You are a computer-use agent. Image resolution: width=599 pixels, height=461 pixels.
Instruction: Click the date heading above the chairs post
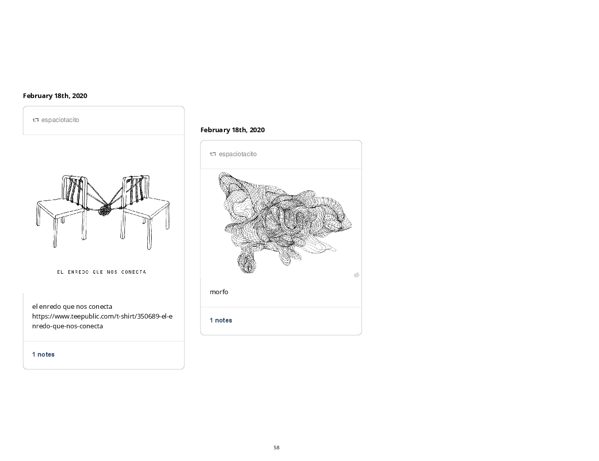pyautogui.click(x=55, y=96)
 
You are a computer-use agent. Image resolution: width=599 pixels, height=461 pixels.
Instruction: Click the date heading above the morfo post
pyautogui.click(x=232, y=130)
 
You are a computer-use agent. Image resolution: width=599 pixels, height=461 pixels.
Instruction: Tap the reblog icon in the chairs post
pyautogui.click(x=36, y=120)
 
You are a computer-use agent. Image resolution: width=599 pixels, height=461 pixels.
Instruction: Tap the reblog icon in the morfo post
pyautogui.click(x=213, y=154)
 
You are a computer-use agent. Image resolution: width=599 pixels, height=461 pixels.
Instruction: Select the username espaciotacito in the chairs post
pyautogui.click(x=60, y=120)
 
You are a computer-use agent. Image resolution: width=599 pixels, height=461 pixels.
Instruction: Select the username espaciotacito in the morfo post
pyautogui.click(x=238, y=154)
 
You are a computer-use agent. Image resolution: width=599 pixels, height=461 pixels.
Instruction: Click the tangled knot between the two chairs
pyautogui.click(x=105, y=211)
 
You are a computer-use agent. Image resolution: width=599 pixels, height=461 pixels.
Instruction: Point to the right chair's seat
pyautogui.click(x=146, y=208)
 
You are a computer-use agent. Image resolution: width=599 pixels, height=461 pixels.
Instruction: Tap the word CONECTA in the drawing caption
pyautogui.click(x=134, y=272)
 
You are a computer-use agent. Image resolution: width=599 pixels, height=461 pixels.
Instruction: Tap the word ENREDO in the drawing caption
pyautogui.click(x=78, y=272)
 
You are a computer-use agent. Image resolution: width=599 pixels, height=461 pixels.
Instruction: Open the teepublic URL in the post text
pyautogui.click(x=102, y=321)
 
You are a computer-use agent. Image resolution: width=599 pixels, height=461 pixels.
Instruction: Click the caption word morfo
pyautogui.click(x=219, y=292)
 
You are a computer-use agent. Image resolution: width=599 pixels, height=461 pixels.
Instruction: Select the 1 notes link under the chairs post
pyautogui.click(x=43, y=354)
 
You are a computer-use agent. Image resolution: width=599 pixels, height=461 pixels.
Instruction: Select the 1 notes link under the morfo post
pyautogui.click(x=221, y=320)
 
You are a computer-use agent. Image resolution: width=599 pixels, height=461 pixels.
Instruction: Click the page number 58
pyautogui.click(x=277, y=447)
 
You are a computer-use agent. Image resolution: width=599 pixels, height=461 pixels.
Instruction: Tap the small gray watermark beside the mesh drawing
pyautogui.click(x=357, y=275)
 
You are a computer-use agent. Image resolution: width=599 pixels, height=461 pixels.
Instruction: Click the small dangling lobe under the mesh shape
pyautogui.click(x=247, y=263)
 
